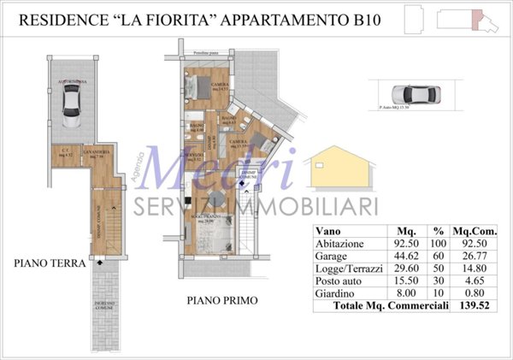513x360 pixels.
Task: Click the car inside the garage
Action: coord(70,103)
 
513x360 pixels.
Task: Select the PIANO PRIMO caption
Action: coord(221,301)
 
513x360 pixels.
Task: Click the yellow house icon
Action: coord(337,168)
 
